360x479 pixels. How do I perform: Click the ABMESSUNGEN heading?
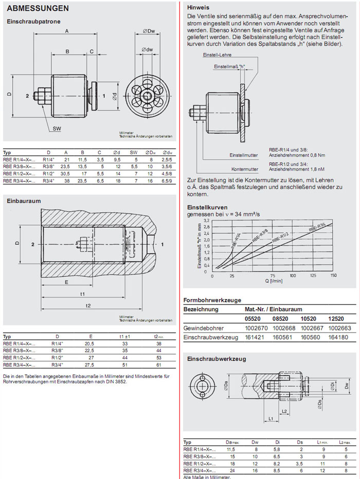coord(38,9)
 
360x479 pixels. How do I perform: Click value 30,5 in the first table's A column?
coord(65,174)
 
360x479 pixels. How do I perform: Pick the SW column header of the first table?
coord(133,153)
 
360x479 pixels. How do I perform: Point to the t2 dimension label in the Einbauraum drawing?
coord(88,305)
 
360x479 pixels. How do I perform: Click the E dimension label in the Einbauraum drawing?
coord(67,282)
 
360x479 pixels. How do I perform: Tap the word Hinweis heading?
coord(198,8)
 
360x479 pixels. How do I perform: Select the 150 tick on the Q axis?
coord(333,276)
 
